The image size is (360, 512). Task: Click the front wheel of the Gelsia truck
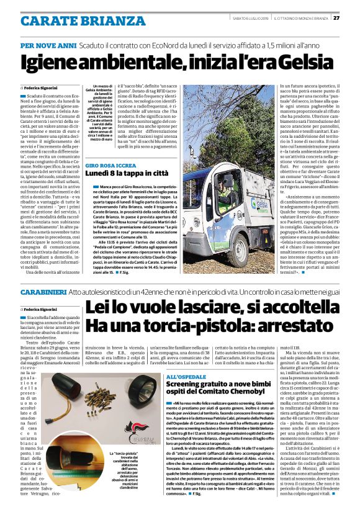pos(211,236)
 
